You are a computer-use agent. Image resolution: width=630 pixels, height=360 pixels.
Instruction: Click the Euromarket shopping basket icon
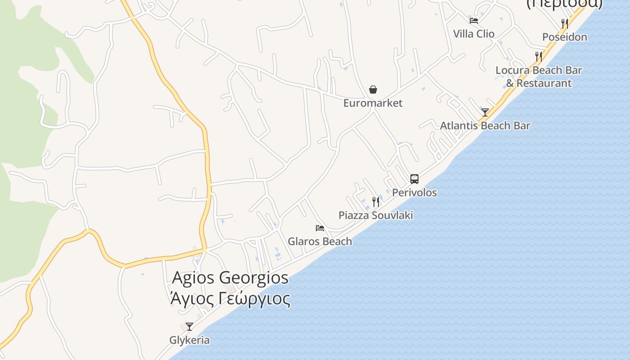point(373,90)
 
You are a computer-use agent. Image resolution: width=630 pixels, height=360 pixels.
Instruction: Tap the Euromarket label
point(373,103)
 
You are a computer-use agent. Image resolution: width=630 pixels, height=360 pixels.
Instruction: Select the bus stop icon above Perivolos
point(414,179)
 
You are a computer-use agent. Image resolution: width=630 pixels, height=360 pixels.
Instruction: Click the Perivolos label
point(414,193)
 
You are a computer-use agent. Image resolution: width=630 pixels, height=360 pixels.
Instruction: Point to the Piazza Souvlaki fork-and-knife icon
point(376,202)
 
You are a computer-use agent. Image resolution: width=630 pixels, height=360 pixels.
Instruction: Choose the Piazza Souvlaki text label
point(376,215)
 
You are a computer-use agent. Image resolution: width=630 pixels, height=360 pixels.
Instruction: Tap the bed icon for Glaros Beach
point(320,228)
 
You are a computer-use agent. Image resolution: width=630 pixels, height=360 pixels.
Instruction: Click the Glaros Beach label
point(320,242)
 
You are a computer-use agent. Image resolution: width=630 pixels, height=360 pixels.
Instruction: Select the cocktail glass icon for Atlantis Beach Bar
point(485,112)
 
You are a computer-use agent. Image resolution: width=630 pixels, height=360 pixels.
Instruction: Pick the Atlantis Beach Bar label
point(485,126)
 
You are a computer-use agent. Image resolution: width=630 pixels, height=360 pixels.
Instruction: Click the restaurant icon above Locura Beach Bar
point(538,56)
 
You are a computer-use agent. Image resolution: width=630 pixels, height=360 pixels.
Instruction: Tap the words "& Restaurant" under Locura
point(539,83)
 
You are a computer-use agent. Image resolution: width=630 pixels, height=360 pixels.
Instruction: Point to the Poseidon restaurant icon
point(564,23)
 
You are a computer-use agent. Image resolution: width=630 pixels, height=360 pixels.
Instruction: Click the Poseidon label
point(564,37)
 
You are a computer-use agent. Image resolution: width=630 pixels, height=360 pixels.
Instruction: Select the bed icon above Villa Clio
point(473,20)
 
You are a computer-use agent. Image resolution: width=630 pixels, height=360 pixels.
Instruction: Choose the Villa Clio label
point(473,34)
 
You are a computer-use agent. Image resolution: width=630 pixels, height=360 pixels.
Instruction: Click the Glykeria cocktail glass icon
point(189,326)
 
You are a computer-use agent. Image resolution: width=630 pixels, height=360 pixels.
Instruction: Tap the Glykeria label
point(189,340)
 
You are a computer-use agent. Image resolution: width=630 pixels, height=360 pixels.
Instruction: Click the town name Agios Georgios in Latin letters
point(230,278)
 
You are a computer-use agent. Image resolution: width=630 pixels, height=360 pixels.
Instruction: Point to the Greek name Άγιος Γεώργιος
point(230,298)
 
